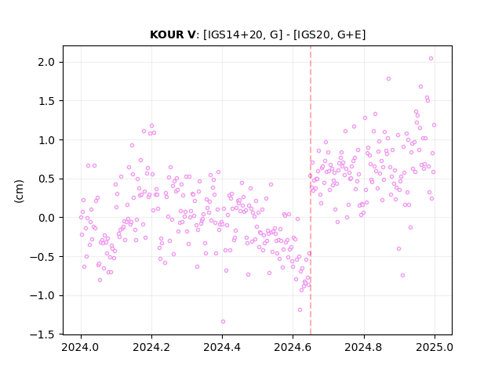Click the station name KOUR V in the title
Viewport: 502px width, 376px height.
173,34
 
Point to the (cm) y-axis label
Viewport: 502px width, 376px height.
19,191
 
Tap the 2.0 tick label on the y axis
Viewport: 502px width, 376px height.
46,62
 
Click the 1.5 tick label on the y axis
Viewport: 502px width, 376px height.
46,101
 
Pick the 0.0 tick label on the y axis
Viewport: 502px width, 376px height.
46,218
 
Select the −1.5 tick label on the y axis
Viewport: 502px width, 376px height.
42,334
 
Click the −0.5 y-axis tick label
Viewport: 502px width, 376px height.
42,257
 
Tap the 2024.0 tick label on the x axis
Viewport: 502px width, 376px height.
81,347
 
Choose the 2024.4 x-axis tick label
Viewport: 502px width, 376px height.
222,347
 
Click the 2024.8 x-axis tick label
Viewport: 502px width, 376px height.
364,347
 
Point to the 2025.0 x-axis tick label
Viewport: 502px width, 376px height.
435,347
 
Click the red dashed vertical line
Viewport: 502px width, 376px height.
311,190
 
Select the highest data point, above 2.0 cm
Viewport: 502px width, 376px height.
431,59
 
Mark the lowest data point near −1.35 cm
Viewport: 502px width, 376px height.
223,322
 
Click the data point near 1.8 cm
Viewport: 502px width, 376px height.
389,79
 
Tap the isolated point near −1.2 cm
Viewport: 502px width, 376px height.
300,310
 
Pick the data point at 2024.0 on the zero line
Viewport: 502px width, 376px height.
81,218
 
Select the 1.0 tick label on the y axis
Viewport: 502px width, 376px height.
46,140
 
